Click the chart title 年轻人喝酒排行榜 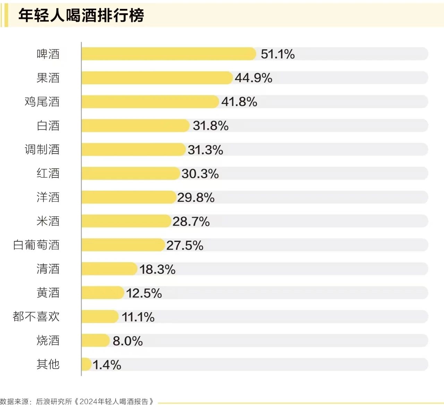[81, 16]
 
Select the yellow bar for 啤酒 [169, 54]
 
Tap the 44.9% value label [253, 78]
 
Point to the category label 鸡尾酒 [42, 102]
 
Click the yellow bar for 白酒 [135, 125]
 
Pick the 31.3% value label [205, 150]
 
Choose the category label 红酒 [48, 173]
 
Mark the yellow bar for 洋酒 [129, 197]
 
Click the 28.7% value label [191, 222]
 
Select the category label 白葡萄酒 [36, 245]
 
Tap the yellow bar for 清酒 [109, 269]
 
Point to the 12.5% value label [144, 293]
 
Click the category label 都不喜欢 [36, 317]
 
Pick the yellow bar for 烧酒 [95, 340]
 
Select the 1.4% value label [107, 365]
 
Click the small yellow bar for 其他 [86, 364]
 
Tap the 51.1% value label [277, 54]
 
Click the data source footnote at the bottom [77, 401]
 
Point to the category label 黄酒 [48, 293]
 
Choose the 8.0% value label [128, 341]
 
